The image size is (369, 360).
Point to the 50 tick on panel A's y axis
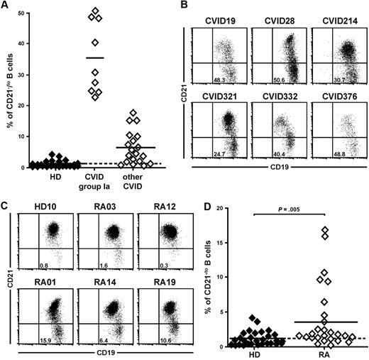click(26, 13)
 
